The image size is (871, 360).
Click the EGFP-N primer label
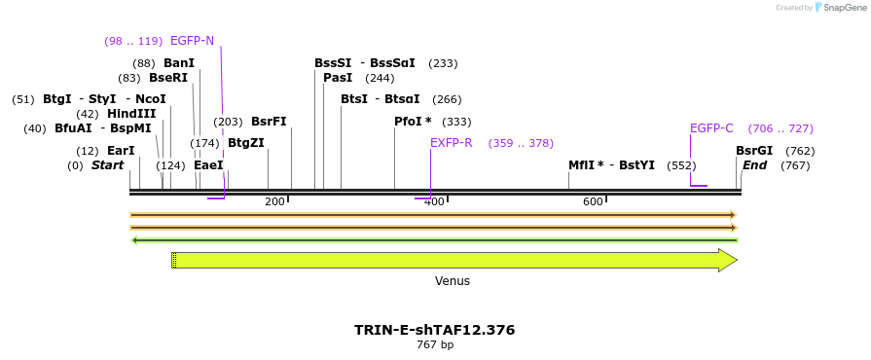tap(192, 41)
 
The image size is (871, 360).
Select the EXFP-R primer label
tap(451, 143)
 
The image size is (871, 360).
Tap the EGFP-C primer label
tap(711, 128)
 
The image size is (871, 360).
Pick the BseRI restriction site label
tap(168, 78)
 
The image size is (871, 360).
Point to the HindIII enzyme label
tap(131, 114)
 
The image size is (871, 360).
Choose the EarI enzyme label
tap(121, 151)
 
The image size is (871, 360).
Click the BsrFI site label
tap(269, 122)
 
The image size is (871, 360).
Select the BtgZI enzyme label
tap(245, 143)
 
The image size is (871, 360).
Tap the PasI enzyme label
tap(338, 78)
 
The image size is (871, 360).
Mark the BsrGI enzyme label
tap(754, 151)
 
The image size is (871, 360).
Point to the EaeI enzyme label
tap(208, 165)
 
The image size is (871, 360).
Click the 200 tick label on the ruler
tap(274, 201)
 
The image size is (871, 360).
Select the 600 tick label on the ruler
tap(593, 201)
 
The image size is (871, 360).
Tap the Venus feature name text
tap(453, 281)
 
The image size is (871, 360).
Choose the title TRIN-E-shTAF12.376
tap(434, 330)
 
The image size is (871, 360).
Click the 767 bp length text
tap(435, 344)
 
